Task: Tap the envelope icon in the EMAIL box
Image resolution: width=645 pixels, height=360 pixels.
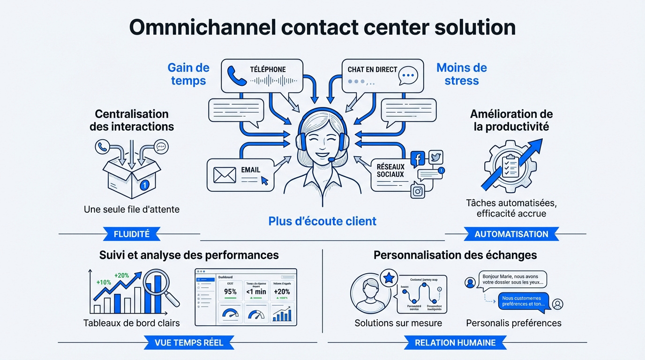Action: pos(225,175)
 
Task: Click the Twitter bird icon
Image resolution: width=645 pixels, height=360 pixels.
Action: pos(435,157)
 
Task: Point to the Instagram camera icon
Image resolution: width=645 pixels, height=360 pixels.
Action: pos(417,191)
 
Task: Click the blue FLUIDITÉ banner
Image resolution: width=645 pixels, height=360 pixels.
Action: pos(132,234)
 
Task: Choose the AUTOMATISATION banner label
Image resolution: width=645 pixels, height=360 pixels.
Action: pos(511,234)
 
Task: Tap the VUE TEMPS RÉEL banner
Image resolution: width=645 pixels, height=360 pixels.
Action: pos(189,343)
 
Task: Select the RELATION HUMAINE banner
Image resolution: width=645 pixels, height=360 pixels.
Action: pos(455,343)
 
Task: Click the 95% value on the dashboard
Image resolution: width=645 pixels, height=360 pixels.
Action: pos(230,292)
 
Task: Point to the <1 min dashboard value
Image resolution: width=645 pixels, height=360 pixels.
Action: pos(256,292)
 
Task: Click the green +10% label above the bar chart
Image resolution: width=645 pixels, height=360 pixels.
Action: pos(104,283)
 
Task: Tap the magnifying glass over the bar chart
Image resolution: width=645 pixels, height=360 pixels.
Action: pos(159,286)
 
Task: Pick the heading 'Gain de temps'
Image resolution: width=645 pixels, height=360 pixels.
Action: pos(188,74)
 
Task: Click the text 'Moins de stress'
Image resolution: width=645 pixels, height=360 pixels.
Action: pos(462,74)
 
